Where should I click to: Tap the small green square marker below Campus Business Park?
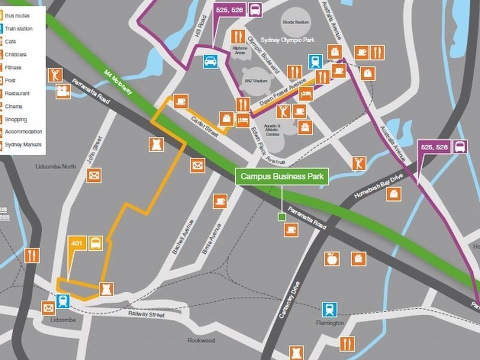pos(281,217)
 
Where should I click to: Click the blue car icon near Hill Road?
pos(211,61)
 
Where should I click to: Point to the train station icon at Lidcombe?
pos(62,301)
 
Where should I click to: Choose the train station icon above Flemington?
pos(329,309)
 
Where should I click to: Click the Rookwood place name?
pos(201,340)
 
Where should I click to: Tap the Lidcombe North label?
pos(55,166)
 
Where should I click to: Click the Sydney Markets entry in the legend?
pos(23,145)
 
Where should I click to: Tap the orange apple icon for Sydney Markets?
pos(331,259)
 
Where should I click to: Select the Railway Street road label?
pos(147,314)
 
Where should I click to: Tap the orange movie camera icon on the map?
pos(64,91)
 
